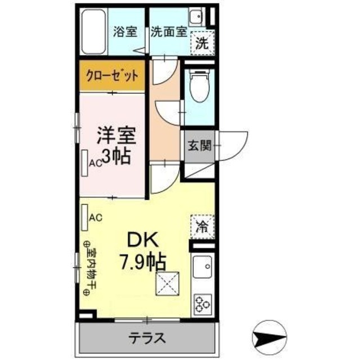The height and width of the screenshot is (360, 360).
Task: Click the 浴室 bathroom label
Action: pyautogui.click(x=125, y=31)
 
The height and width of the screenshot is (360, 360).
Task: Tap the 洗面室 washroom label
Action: pyautogui.click(x=168, y=31)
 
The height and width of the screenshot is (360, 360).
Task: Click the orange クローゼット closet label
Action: pyautogui.click(x=112, y=76)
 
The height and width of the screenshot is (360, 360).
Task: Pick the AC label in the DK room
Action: pyautogui.click(x=95, y=217)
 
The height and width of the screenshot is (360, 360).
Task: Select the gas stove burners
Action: pyautogui.click(x=202, y=304)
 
